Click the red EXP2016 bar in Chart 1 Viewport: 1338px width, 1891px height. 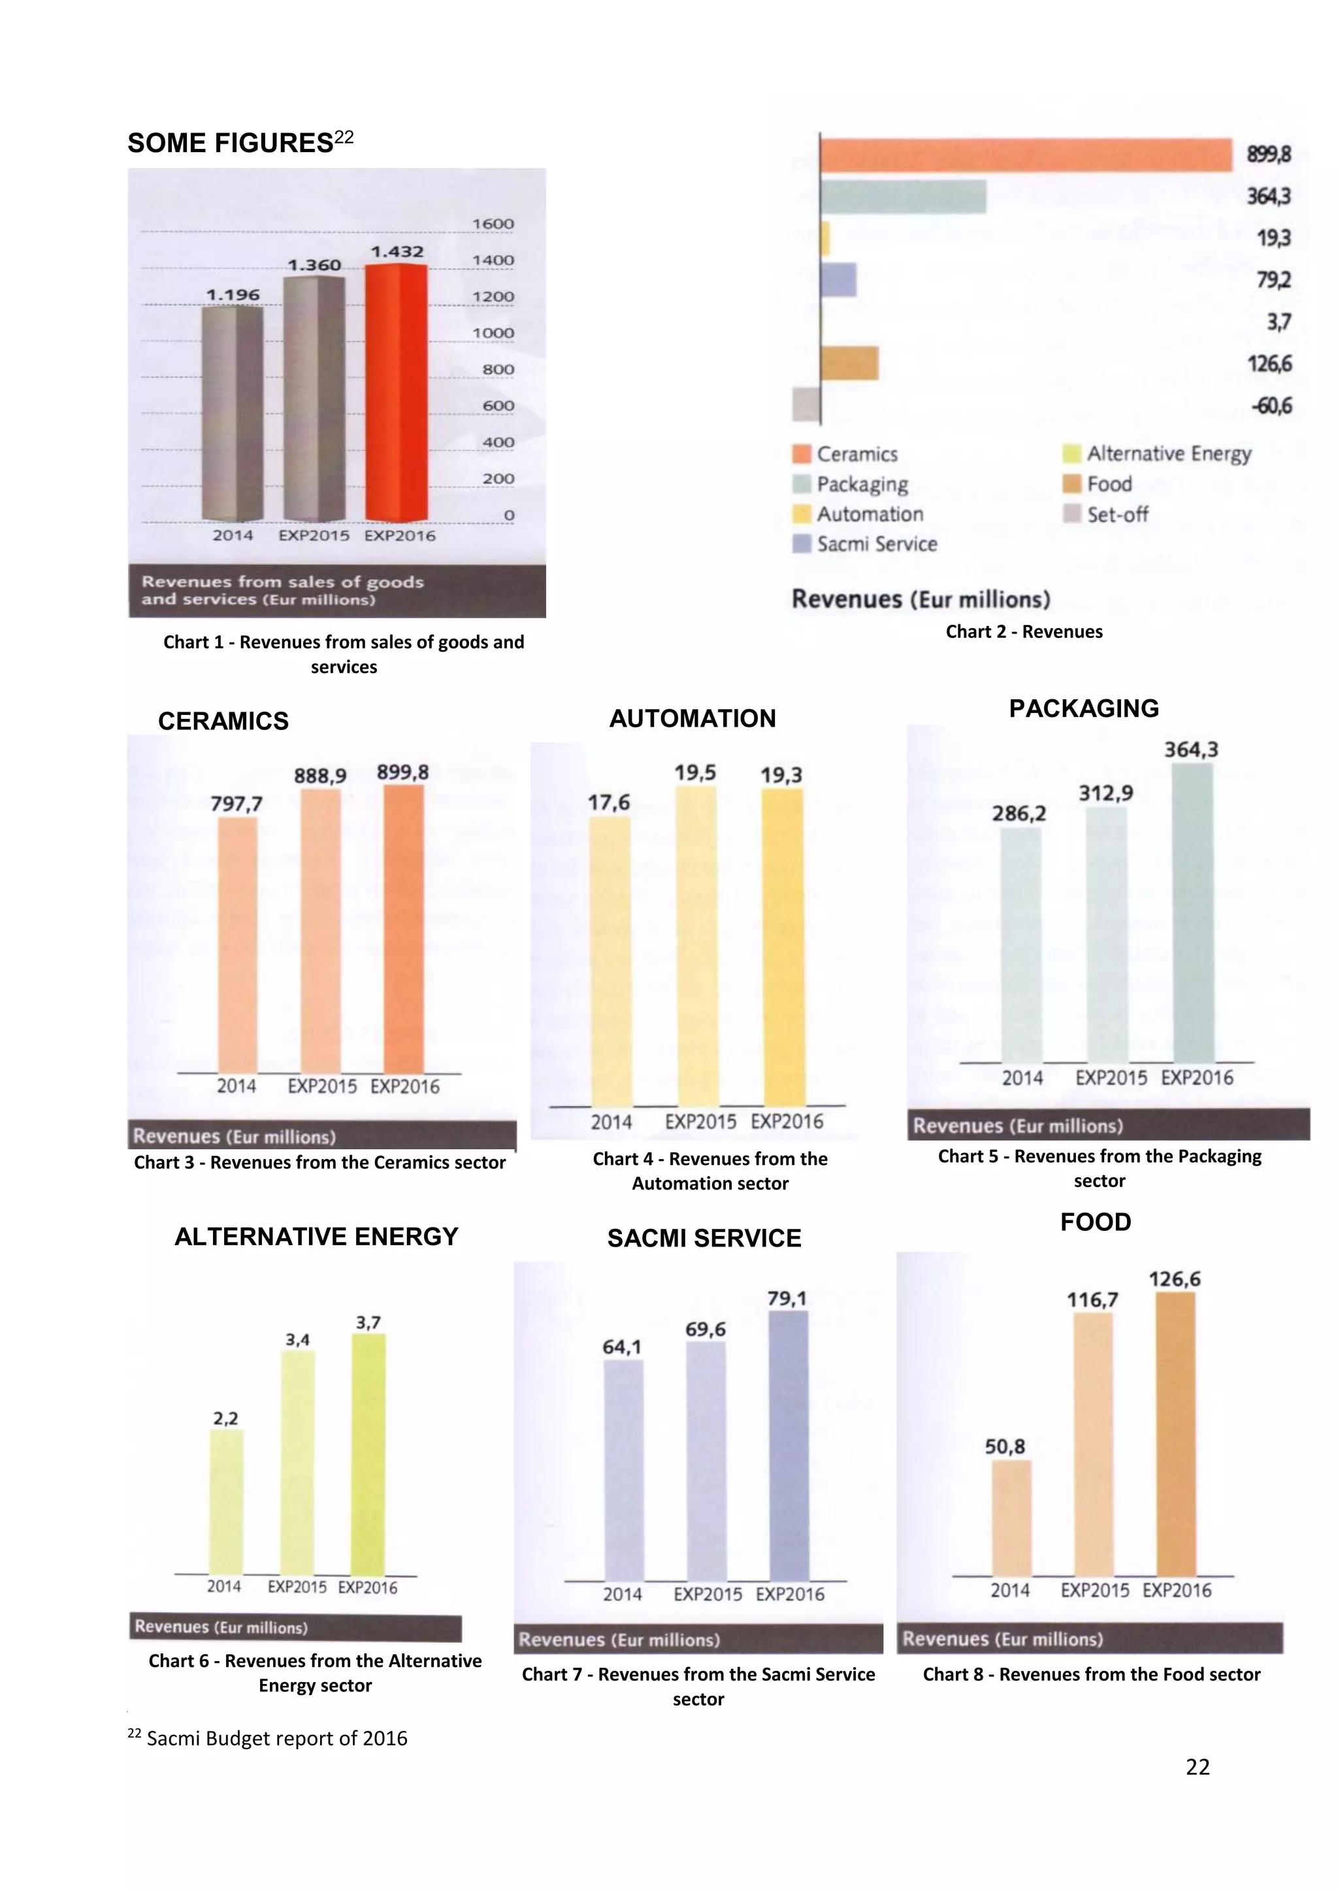tap(397, 394)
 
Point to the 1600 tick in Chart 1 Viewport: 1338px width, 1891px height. tap(493, 224)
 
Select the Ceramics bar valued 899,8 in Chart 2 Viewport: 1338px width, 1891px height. tap(1026, 155)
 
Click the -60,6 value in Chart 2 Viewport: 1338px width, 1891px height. tap(1272, 406)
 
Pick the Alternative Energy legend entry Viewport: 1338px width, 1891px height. tap(1167, 454)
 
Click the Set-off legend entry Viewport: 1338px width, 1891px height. tap(1117, 515)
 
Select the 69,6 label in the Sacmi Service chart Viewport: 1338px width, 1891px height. tap(705, 1329)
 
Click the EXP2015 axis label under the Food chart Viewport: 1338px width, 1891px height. tap(1094, 1591)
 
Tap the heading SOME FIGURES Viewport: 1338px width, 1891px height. tap(231, 143)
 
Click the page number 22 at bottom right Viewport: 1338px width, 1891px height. tap(1197, 1767)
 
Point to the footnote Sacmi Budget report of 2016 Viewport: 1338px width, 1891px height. tap(276, 1739)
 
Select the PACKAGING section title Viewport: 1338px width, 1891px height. tap(1083, 709)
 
